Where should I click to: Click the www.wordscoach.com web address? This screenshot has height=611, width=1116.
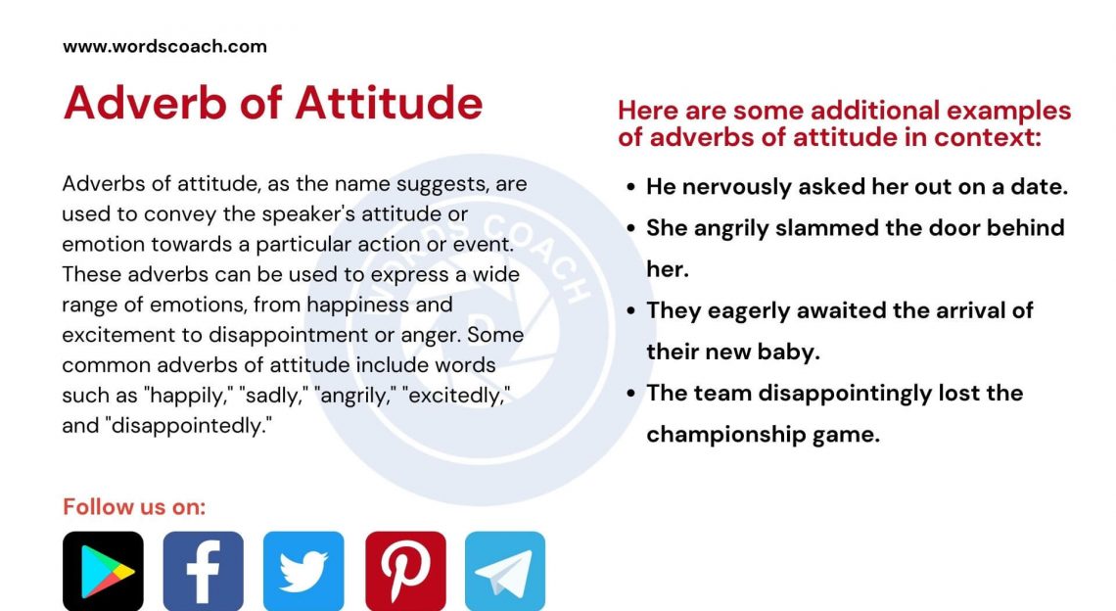tap(164, 46)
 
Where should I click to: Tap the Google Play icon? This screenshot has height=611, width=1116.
tap(103, 571)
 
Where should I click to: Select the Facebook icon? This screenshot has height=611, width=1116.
tap(203, 571)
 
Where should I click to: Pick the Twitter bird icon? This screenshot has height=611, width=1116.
tap(303, 571)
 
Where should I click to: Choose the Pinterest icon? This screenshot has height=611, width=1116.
tap(405, 571)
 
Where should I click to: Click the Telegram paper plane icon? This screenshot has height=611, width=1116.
tap(505, 571)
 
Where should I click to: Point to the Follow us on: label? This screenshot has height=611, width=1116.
tap(134, 506)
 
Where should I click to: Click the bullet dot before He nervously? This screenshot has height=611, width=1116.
tap(630, 187)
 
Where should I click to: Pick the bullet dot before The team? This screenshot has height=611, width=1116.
tap(630, 394)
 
